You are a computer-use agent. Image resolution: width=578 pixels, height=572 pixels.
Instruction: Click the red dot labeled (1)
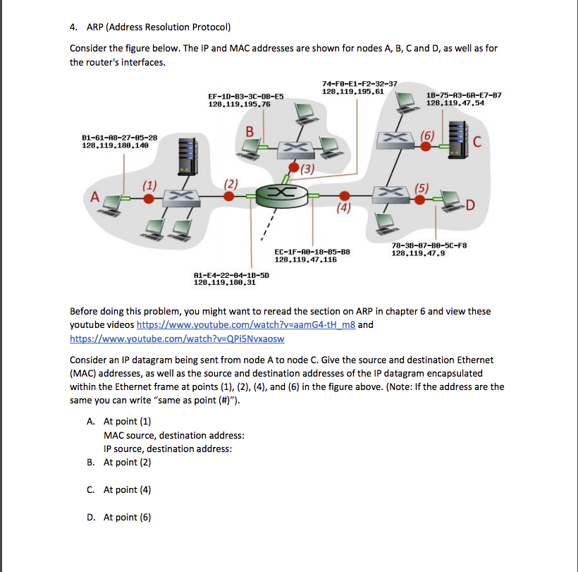pyautogui.click(x=148, y=199)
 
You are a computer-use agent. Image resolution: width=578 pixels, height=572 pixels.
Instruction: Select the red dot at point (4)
pyautogui.click(x=343, y=196)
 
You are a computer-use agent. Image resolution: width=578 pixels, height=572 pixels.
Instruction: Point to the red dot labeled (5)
pyautogui.click(x=420, y=200)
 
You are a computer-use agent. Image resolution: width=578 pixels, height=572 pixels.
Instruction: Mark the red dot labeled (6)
pyautogui.click(x=426, y=147)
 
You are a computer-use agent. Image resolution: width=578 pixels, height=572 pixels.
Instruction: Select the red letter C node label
pyautogui.click(x=478, y=145)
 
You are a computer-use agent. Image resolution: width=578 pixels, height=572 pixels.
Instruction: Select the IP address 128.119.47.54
pyautogui.click(x=455, y=104)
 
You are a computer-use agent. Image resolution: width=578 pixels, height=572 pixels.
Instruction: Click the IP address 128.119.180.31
pyautogui.click(x=225, y=284)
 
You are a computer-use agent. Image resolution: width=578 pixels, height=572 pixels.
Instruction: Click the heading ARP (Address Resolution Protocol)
pyautogui.click(x=158, y=28)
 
